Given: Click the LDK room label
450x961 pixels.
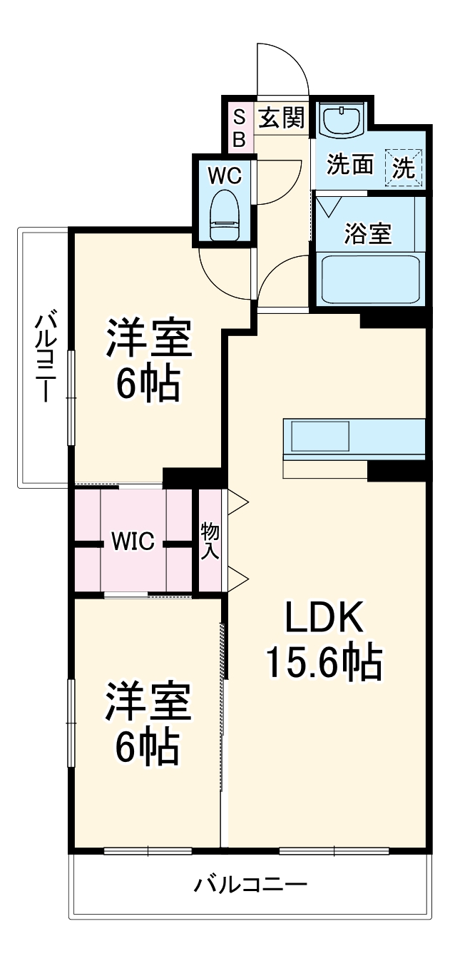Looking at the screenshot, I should click(x=324, y=617).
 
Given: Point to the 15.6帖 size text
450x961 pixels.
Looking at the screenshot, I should click(x=324, y=662).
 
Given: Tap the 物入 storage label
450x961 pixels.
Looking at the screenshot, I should click(x=210, y=540).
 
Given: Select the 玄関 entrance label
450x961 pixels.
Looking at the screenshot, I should click(x=281, y=117).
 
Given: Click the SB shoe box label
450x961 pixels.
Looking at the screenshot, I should click(x=239, y=127).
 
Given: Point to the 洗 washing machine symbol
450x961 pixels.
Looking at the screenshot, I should click(x=404, y=168).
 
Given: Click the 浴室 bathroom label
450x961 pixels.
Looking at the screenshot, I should click(x=368, y=233).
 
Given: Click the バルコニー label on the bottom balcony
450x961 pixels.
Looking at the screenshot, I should click(x=251, y=885).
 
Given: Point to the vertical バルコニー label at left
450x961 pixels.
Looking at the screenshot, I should click(x=44, y=357).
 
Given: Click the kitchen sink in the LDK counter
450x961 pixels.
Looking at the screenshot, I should click(x=319, y=435).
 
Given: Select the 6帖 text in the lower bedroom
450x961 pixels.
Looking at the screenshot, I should click(x=148, y=746).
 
